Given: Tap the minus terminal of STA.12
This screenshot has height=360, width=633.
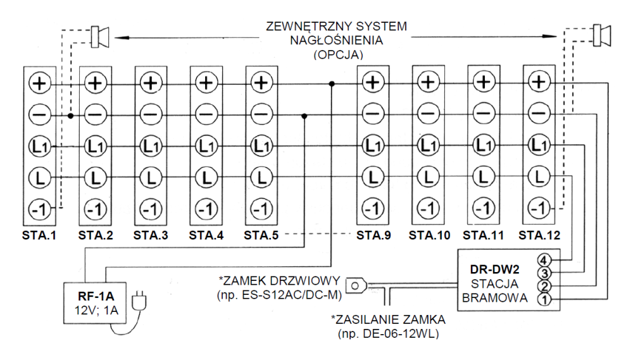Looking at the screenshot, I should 539,114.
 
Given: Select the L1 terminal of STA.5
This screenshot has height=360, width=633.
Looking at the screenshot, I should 260,146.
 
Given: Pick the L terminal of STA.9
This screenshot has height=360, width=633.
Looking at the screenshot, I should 373,177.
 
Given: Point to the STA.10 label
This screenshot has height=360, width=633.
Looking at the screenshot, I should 429,235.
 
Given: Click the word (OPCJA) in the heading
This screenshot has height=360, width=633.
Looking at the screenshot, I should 336,55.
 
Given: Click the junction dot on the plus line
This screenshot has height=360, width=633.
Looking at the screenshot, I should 332,82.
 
